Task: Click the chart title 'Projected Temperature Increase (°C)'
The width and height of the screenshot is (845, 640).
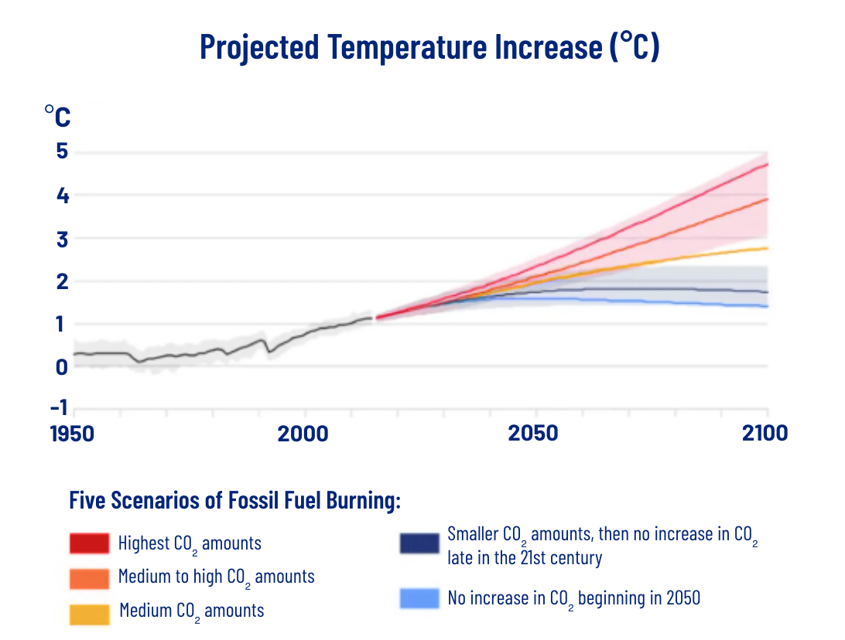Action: click(x=429, y=47)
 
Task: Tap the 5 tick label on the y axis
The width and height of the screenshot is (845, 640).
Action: click(x=61, y=152)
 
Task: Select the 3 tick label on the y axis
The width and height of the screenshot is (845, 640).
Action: click(x=61, y=240)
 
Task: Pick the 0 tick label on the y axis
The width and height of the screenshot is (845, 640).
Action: click(x=61, y=366)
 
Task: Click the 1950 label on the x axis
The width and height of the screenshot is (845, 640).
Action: click(x=72, y=434)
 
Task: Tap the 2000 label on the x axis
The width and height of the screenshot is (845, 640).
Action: click(x=303, y=434)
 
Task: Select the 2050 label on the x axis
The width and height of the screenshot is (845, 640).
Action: click(x=533, y=434)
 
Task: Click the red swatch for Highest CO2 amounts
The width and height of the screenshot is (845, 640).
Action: click(x=89, y=543)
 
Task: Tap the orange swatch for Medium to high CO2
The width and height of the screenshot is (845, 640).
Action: click(x=89, y=577)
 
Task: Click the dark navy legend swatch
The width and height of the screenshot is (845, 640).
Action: click(x=419, y=544)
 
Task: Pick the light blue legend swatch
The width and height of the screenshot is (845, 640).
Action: click(x=419, y=598)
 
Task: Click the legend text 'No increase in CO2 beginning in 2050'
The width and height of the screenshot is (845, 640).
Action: click(x=573, y=598)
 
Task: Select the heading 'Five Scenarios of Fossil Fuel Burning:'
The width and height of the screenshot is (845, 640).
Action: click(x=234, y=501)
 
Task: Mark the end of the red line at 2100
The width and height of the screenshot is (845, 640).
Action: click(x=767, y=164)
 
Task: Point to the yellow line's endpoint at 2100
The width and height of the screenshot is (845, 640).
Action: click(x=767, y=248)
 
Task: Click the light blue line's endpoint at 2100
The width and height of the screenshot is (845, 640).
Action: click(x=767, y=307)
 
